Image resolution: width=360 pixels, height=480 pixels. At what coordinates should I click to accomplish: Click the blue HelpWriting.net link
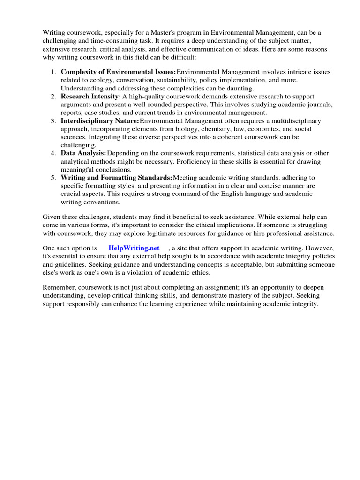point(134,248)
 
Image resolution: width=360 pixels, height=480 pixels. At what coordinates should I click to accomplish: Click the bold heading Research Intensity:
point(91,96)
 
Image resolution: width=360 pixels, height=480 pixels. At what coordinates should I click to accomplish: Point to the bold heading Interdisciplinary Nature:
point(100,121)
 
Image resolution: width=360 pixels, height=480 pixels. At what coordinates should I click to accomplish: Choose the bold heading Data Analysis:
point(83,153)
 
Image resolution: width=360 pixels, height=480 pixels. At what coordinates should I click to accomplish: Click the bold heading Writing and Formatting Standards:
point(117,178)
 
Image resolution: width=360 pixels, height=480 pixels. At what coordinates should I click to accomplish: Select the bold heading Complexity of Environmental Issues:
point(119,72)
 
